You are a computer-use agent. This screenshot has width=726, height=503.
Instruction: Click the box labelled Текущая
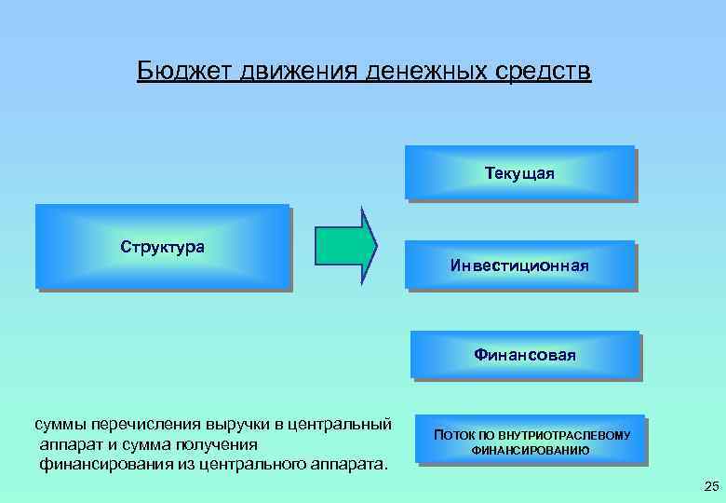tap(519, 172)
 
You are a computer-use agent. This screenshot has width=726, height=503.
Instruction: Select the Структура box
tap(162, 247)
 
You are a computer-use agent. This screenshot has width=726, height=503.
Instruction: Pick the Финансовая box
tap(525, 355)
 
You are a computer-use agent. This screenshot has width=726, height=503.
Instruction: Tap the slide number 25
tap(712, 486)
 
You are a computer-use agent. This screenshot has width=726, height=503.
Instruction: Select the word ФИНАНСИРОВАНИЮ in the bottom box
tap(530, 451)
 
